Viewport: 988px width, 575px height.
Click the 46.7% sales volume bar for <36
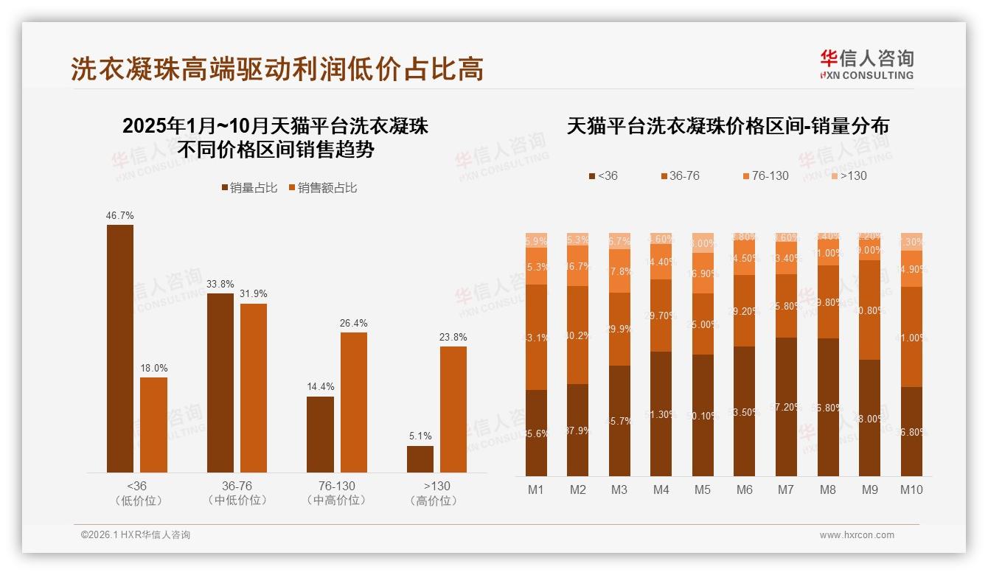[120, 348]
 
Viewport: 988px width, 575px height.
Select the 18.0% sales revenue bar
[153, 425]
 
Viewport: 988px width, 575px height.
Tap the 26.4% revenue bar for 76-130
[353, 402]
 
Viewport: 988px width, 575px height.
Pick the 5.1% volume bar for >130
[420, 459]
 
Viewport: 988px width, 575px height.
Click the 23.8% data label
[453, 337]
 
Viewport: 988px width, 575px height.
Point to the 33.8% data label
[220, 283]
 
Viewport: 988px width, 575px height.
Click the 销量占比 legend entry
[249, 188]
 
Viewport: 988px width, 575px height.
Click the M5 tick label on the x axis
[703, 489]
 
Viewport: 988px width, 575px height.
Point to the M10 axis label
[911, 489]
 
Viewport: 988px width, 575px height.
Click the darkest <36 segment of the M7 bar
[786, 407]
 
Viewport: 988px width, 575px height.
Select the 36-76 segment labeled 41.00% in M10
[911, 337]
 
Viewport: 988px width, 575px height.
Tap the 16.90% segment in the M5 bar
[703, 273]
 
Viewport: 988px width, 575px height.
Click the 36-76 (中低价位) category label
[237, 493]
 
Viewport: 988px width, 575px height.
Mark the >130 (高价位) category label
[436, 493]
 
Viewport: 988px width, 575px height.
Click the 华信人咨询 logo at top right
[866, 64]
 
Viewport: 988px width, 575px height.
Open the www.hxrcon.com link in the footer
[857, 535]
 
